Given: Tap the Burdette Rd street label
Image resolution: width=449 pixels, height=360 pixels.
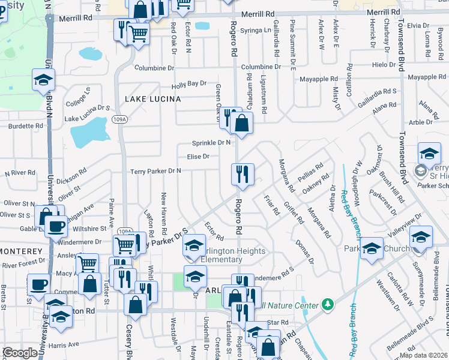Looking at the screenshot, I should [26, 127].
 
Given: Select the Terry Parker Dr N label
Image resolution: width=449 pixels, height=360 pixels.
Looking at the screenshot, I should [155, 171].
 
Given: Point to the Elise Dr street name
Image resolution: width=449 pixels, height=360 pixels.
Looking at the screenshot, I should [197, 157].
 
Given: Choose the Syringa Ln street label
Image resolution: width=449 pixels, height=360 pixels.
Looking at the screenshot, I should [256, 30].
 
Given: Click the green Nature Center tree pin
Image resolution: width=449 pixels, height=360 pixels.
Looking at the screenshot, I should [327, 305].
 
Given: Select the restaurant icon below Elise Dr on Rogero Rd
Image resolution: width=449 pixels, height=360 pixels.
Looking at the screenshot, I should [243, 174].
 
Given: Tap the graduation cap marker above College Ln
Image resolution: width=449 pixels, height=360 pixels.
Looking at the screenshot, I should [43, 80].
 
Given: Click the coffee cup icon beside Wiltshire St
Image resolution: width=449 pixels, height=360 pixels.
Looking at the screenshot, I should [56, 227].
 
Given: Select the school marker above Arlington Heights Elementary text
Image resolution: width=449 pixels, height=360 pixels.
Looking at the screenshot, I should [194, 245].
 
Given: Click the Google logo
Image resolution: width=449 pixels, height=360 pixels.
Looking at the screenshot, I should [20, 353].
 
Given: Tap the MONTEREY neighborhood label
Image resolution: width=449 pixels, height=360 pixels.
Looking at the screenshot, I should [21, 251].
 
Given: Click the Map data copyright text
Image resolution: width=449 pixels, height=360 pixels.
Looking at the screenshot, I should [424, 355].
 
